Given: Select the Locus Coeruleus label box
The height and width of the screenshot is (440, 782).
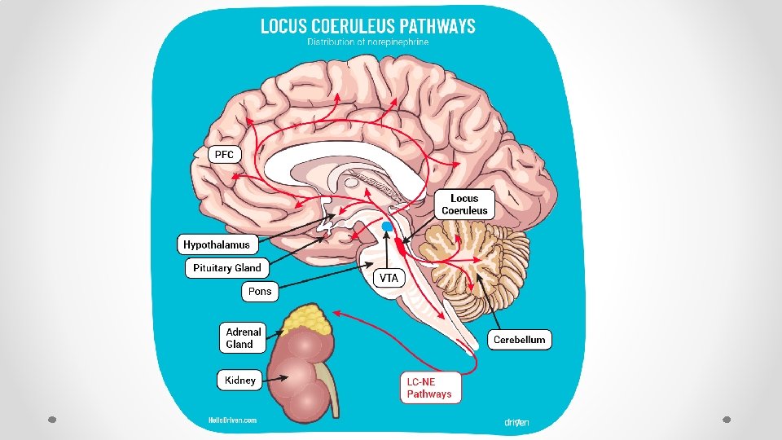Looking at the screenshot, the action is click(x=464, y=204).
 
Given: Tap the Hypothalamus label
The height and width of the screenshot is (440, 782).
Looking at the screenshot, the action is click(x=217, y=244).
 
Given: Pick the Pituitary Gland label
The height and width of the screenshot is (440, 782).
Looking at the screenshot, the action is click(x=227, y=267).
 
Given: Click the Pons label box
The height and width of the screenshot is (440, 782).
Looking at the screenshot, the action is click(x=260, y=291).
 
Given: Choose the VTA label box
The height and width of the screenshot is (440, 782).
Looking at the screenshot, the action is click(x=389, y=278).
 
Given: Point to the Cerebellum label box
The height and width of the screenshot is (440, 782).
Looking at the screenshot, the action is click(x=519, y=339).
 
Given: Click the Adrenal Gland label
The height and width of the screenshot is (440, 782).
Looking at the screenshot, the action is click(x=244, y=337).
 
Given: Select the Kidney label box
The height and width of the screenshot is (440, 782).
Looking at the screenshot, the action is click(x=240, y=380).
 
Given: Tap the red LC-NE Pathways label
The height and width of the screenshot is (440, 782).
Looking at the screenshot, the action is click(x=429, y=388).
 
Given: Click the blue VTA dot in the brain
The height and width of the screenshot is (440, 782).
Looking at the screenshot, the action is click(x=388, y=225).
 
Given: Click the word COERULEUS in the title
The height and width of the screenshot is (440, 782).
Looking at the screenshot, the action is click(x=366, y=26).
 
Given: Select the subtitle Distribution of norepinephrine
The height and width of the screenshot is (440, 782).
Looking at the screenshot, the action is click(x=368, y=42).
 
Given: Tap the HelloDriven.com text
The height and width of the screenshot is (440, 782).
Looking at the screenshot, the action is click(x=233, y=420).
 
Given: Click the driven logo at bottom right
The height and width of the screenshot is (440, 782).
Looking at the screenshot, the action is click(x=516, y=422).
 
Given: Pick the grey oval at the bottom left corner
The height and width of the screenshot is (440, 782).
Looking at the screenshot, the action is click(x=51, y=420).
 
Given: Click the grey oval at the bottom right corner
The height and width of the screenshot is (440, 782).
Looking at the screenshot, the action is click(x=727, y=420).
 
